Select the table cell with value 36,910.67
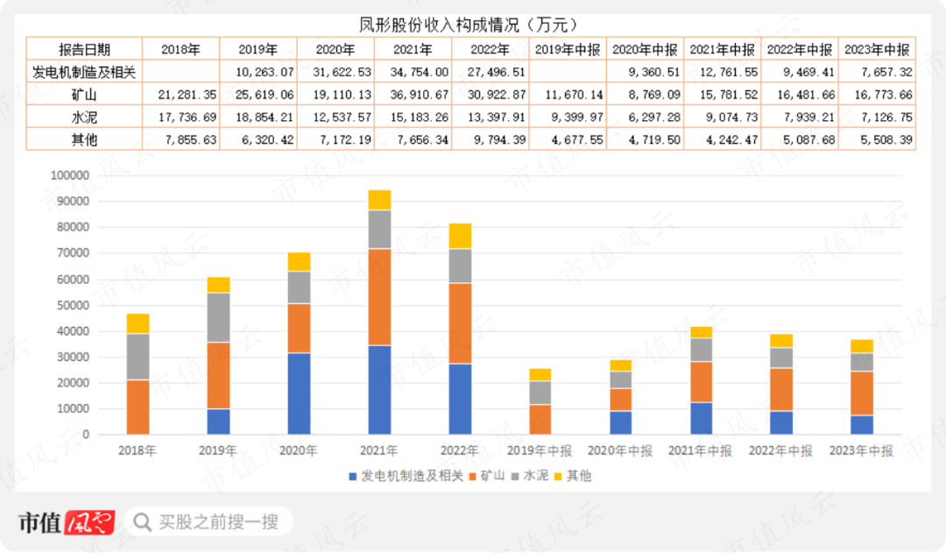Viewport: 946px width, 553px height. click(413, 94)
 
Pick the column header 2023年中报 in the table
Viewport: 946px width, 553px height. click(877, 49)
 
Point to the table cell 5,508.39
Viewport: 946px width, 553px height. click(877, 138)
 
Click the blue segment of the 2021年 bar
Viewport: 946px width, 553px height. click(379, 390)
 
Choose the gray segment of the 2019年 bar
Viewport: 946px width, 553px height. click(218, 317)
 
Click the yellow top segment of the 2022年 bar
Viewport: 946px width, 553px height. click(460, 236)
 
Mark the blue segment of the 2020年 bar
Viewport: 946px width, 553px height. click(299, 393)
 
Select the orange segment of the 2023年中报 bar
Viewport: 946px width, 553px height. click(862, 393)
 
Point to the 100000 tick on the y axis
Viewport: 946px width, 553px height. click(70, 175)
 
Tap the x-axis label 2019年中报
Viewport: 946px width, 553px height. click(540, 451)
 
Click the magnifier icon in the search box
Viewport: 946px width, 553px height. click(142, 522)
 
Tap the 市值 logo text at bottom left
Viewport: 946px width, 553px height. click(39, 522)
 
